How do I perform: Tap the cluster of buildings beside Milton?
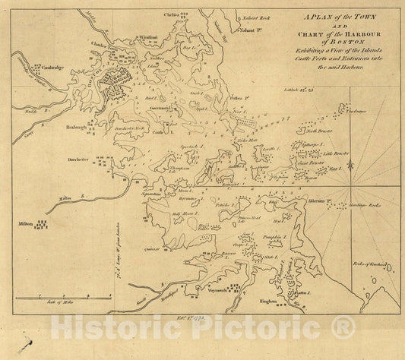[40, 226]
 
